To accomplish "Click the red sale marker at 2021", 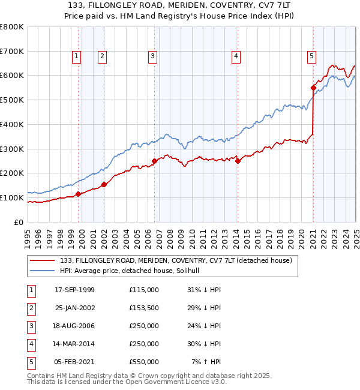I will [x=313, y=88].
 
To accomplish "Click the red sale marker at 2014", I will [x=238, y=160].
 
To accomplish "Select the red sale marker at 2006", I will [x=155, y=161].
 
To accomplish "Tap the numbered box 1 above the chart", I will [x=77, y=57].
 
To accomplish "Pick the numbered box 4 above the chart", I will [x=236, y=57].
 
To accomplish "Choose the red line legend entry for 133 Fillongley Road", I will [x=175, y=260].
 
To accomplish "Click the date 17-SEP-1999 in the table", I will [x=74, y=289].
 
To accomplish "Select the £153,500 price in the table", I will [x=143, y=307].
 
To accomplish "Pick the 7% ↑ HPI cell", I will [x=206, y=362].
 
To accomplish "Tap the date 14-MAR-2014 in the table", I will [x=74, y=344].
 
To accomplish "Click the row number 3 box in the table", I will [x=29, y=326].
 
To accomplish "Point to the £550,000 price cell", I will [x=143, y=362].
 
